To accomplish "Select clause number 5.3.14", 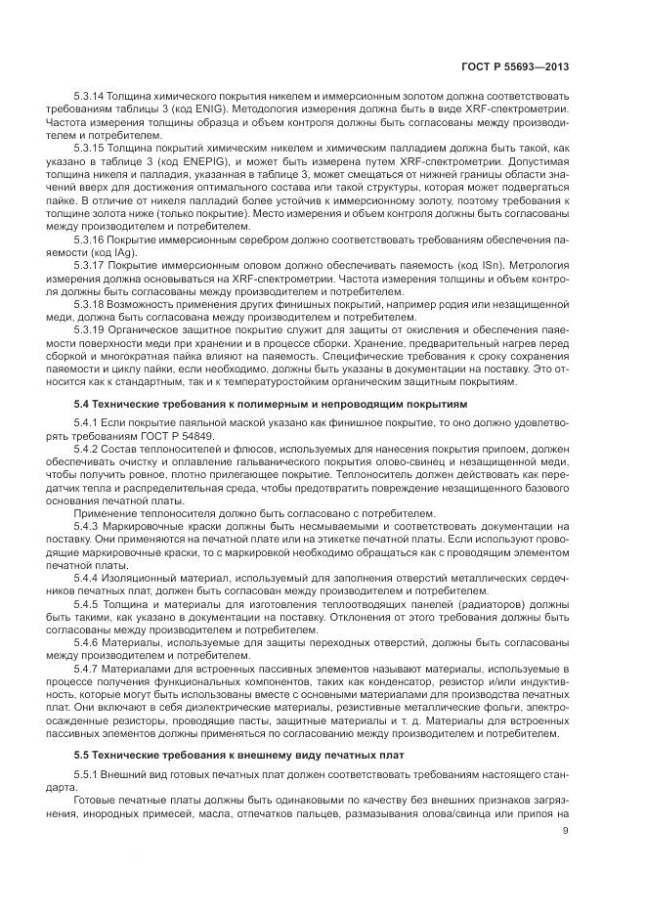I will tap(89, 98).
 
